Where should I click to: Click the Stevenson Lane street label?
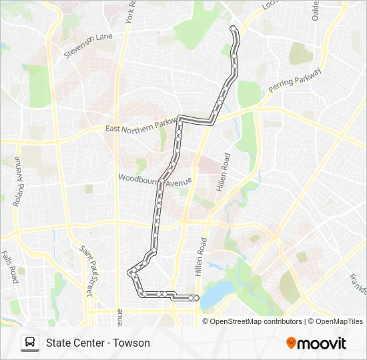click(89, 46)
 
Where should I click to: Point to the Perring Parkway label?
click(295, 80)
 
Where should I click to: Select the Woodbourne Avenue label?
click(155, 180)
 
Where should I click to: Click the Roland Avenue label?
click(17, 181)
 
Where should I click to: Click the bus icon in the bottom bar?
click(29, 343)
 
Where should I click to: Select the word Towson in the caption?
click(131, 343)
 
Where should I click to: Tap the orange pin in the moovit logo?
click(291, 343)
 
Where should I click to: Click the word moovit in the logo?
click(322, 343)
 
